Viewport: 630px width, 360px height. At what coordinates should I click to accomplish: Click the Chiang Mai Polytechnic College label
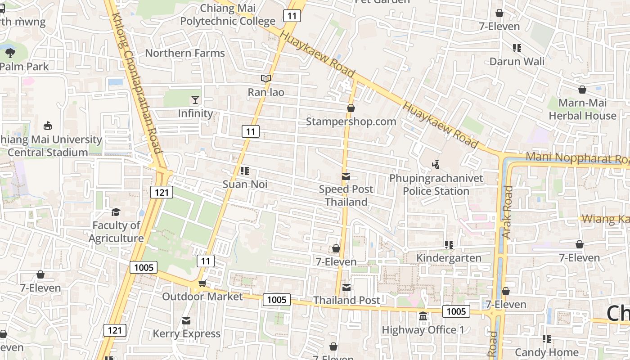[x=228, y=15]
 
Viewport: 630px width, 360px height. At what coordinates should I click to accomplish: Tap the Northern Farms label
[x=184, y=53]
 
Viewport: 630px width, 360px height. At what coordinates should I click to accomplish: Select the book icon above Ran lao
[x=266, y=79]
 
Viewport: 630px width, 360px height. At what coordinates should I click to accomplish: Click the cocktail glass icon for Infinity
[x=195, y=100]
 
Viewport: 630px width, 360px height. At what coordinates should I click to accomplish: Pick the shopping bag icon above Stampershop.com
[x=351, y=108]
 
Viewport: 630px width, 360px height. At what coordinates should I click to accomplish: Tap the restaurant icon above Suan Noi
[x=245, y=171]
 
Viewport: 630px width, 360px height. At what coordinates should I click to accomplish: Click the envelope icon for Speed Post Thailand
[x=346, y=176]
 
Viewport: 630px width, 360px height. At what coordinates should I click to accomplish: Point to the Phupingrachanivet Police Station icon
[x=436, y=165]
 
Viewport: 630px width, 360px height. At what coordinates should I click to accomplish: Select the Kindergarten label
[x=449, y=258]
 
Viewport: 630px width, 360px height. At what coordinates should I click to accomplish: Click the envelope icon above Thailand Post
[x=346, y=287]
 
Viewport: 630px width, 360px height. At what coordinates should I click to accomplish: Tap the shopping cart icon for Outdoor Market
[x=202, y=283]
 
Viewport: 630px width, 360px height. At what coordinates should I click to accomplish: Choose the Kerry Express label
[x=186, y=333]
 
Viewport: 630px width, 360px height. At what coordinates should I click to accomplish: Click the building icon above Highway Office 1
[x=423, y=317]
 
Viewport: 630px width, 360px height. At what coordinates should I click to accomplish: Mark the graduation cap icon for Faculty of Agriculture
[x=116, y=212]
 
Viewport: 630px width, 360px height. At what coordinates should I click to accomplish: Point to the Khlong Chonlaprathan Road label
[x=136, y=83]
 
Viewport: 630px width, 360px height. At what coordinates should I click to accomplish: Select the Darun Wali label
[x=517, y=61]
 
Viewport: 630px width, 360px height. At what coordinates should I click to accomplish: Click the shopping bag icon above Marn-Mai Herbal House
[x=582, y=90]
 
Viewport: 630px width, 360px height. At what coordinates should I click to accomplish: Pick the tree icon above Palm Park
[x=10, y=53]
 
